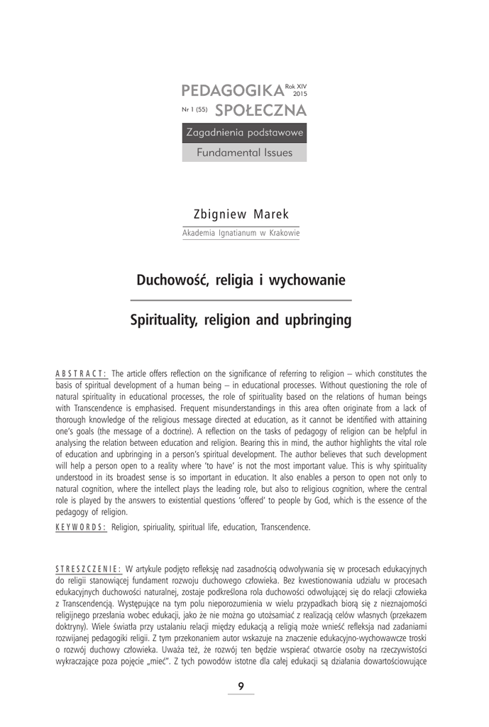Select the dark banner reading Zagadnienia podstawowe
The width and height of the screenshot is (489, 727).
coord(244,133)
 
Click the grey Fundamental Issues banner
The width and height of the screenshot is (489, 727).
coord(244,152)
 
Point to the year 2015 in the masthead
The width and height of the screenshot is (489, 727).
coord(300,94)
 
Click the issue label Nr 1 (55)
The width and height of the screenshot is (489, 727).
coord(194,111)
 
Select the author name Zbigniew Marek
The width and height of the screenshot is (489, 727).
coord(241,214)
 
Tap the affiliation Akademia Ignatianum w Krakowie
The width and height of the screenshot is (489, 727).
coord(241,233)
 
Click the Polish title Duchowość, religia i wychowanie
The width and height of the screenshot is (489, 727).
coord(241,280)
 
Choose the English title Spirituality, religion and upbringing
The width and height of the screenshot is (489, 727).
coord(241,320)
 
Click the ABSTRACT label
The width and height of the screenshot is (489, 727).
coord(81,373)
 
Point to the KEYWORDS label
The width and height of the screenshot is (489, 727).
coord(80,527)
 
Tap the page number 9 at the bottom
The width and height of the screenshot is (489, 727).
coord(241,686)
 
